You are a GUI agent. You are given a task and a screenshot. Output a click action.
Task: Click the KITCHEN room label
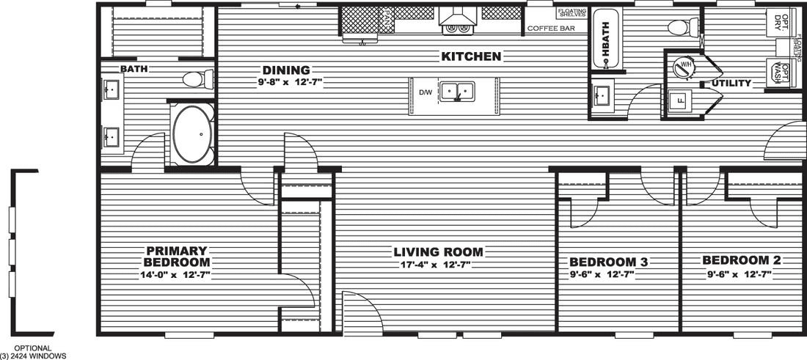(471, 56)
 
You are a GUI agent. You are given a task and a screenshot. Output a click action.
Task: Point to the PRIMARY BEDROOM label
(177, 256)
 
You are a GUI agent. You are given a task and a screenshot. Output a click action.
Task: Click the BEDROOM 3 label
(602, 262)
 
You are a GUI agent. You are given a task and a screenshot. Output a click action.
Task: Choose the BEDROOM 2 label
(741, 260)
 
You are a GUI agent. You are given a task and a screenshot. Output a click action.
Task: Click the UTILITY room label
(731, 84)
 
